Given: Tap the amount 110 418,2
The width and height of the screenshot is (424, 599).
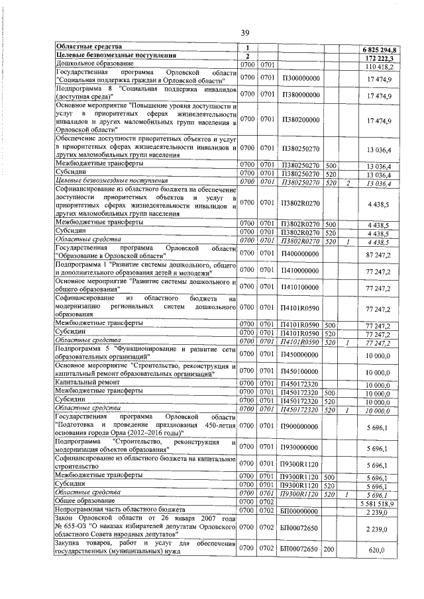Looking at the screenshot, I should (380, 66).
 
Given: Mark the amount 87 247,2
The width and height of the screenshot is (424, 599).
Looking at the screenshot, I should (378, 253).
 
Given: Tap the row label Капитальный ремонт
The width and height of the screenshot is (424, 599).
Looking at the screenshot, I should (87, 383).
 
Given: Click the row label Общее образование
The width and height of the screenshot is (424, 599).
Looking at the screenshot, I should (83, 502).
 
